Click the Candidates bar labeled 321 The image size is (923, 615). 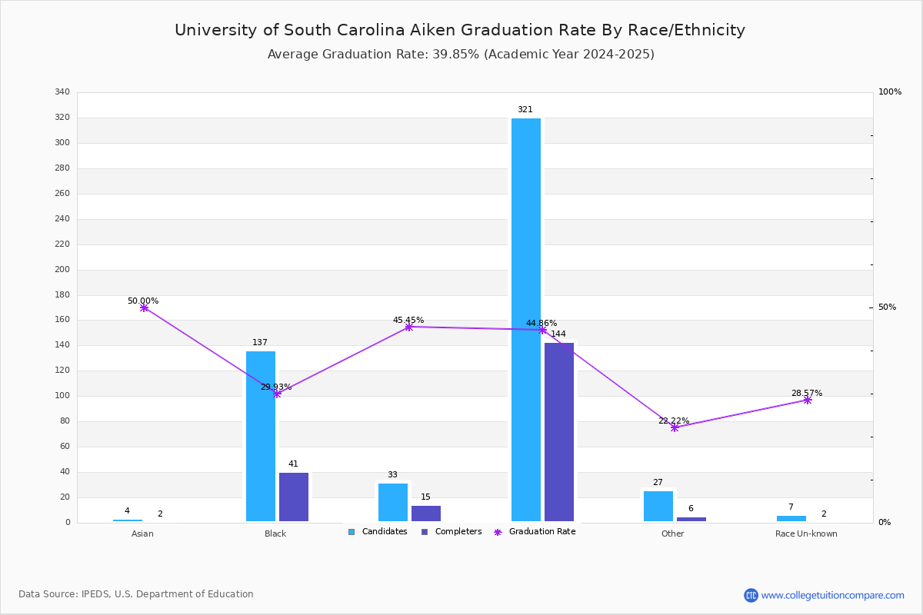[526, 320]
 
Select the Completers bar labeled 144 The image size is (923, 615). [558, 432]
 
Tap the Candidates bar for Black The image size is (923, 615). [261, 436]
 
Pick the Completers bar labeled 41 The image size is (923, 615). [293, 497]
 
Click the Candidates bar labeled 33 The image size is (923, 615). [393, 503]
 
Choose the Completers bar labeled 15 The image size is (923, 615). [425, 514]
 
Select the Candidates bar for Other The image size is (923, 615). [658, 507]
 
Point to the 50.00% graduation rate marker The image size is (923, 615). [144, 307]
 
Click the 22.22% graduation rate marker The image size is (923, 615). [674, 428]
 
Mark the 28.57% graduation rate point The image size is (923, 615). [807, 400]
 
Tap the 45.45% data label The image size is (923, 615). [408, 320]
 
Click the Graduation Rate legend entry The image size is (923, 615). [535, 532]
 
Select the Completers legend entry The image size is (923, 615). [452, 532]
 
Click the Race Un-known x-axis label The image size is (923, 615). [806, 534]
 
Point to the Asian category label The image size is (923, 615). [142, 534]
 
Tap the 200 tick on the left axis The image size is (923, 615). [62, 269]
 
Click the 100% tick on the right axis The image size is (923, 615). [890, 91]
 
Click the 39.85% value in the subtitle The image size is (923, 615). [455, 55]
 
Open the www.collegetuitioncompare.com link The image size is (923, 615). [832, 595]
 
